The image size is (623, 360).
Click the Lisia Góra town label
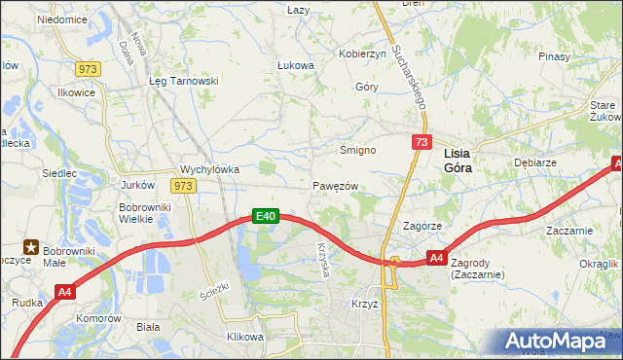[x=463, y=160]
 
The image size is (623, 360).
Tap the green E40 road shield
[x=267, y=216]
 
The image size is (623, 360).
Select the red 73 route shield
[x=421, y=142]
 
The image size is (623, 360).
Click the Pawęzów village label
[x=337, y=185]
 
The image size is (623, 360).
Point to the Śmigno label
[x=357, y=150]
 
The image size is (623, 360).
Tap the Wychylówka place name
[x=210, y=167]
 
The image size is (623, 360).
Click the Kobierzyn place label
[x=362, y=54]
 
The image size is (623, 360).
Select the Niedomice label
[x=61, y=18]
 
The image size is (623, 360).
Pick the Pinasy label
[x=554, y=56]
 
